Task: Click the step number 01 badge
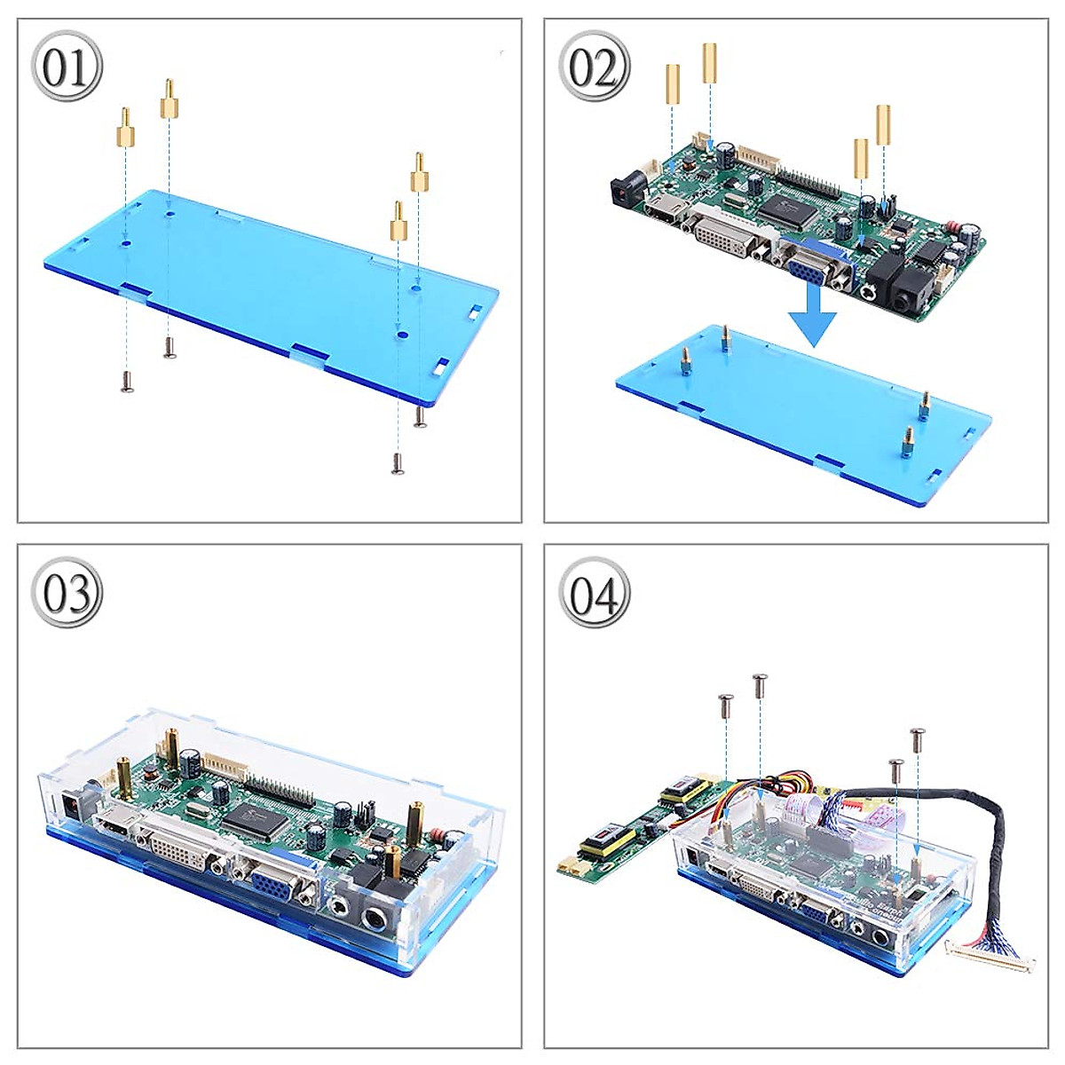tap(67, 67)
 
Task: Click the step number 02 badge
tap(594, 67)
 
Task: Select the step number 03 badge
tap(67, 593)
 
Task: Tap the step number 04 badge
tap(594, 593)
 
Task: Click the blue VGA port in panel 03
tap(275, 887)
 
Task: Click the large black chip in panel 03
tap(258, 816)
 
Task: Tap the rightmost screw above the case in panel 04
tap(918, 735)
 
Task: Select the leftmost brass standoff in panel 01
tap(126, 130)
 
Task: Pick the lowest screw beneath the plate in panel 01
tap(397, 462)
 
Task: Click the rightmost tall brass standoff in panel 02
tap(883, 125)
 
